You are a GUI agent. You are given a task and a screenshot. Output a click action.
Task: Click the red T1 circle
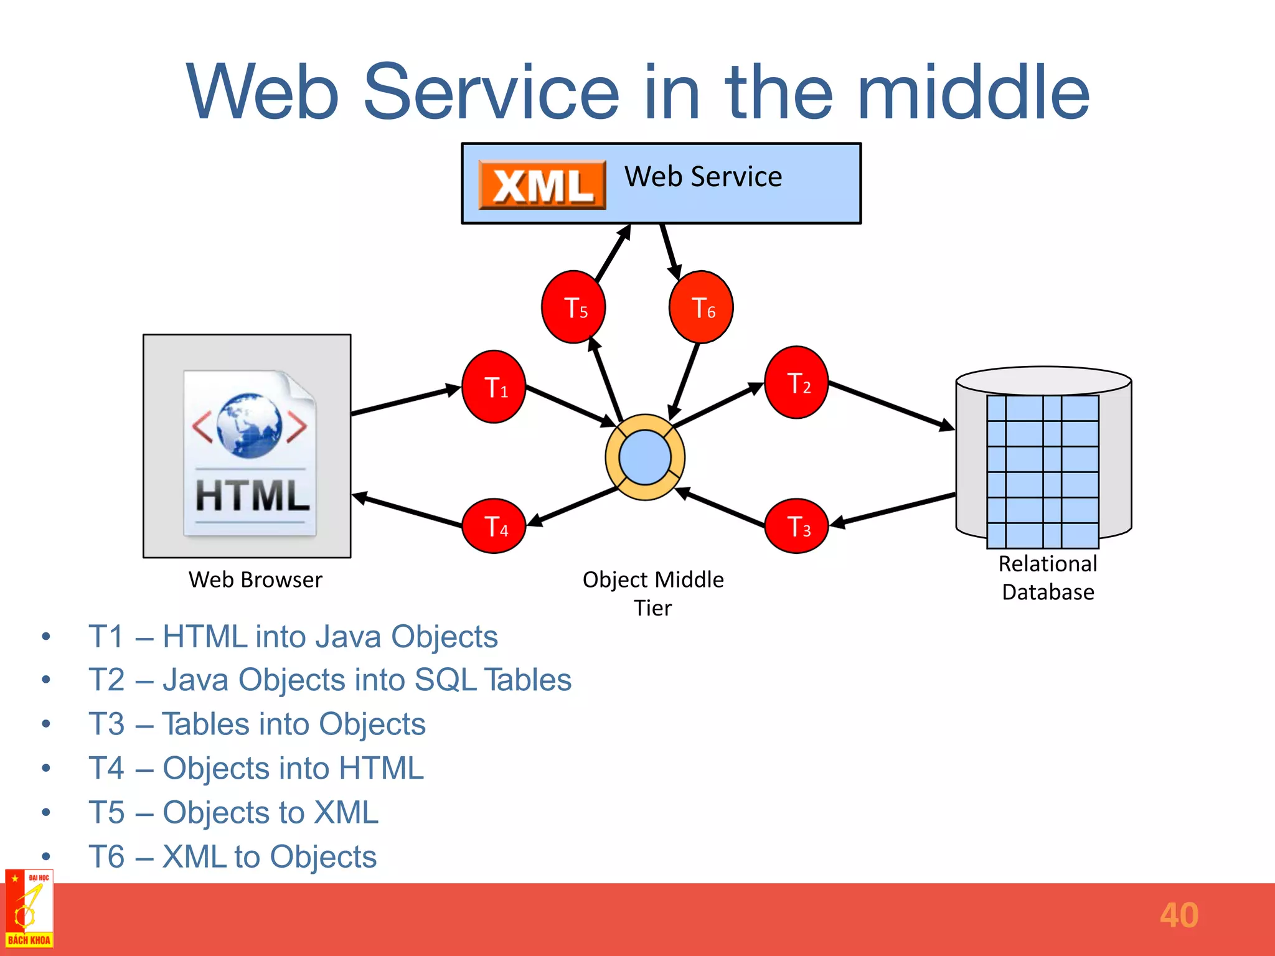click(494, 387)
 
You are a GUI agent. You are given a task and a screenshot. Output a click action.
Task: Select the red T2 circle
click(796, 382)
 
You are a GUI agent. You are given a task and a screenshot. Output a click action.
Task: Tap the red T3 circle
click(796, 526)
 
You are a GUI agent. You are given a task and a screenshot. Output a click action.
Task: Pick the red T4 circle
click(494, 526)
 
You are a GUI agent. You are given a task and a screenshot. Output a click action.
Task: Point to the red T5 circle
click(573, 307)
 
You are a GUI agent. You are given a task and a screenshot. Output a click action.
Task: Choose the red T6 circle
click(701, 307)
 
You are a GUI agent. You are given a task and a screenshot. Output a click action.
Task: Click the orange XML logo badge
click(542, 185)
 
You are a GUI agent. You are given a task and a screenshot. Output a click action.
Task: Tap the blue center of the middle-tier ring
click(645, 457)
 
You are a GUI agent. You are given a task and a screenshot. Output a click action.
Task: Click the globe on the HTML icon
click(249, 425)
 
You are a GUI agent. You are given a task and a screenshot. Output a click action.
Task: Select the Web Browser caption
click(255, 579)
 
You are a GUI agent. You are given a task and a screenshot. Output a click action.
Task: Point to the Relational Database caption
click(1048, 578)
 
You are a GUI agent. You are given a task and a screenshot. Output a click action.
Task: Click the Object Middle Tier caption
click(653, 593)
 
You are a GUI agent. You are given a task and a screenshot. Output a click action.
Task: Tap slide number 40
click(1179, 915)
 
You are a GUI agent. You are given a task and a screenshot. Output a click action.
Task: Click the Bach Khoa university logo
click(29, 909)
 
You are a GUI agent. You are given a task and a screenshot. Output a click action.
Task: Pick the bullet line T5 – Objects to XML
click(233, 812)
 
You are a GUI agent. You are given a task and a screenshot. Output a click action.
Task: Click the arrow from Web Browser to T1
click(405, 400)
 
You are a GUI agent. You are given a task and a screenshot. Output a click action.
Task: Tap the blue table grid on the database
click(1043, 471)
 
